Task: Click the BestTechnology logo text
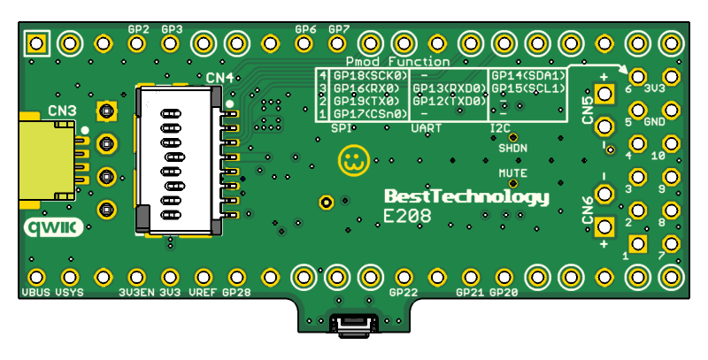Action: coord(466,196)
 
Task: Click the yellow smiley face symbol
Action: coord(353,160)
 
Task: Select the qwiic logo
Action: coord(54,227)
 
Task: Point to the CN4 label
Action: coord(219,79)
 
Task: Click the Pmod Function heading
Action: coord(397,62)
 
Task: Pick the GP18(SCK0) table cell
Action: coord(369,76)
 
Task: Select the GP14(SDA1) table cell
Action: coord(528,76)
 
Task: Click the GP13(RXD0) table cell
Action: coord(450,88)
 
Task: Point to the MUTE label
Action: coord(512,173)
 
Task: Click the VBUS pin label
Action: coord(37,291)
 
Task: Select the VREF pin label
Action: coord(204,291)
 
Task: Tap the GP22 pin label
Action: coord(404,291)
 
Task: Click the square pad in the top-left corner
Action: coord(36,42)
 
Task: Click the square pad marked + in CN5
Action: coord(605,93)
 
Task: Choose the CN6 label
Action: coord(588,210)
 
